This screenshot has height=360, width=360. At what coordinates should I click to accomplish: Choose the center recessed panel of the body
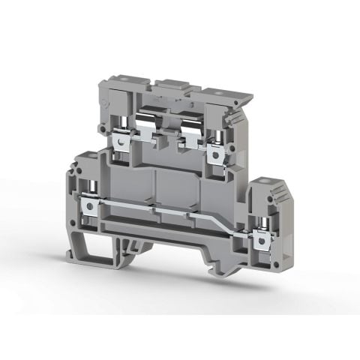point(168,187)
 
